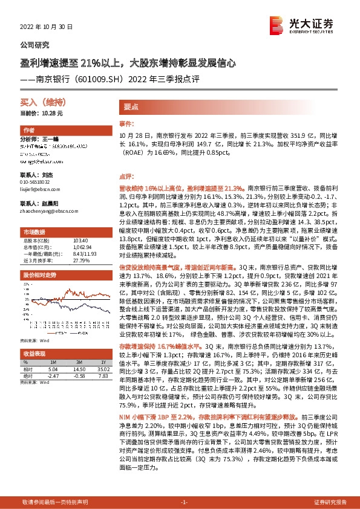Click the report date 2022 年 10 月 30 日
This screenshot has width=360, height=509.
(46, 27)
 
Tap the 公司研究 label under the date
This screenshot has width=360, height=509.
(35, 45)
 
